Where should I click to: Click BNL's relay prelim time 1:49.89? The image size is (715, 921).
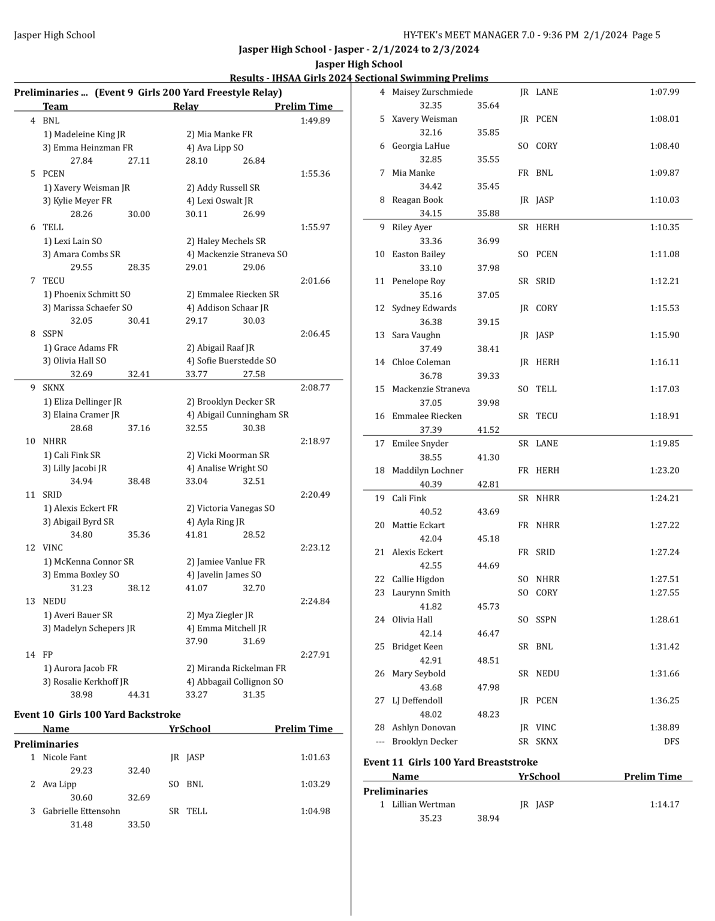315,121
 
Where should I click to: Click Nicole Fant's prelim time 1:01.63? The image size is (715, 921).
315,757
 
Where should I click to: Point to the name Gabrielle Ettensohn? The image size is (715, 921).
81,811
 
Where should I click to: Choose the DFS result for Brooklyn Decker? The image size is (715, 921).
671,742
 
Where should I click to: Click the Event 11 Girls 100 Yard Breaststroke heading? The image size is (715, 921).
450,762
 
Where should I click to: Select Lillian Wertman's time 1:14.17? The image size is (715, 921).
664,805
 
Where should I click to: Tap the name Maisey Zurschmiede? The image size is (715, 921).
432,92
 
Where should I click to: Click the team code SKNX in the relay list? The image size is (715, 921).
53,388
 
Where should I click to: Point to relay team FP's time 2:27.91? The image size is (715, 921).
315,655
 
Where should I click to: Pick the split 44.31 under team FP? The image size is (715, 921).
138,695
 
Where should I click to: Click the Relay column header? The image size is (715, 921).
185,107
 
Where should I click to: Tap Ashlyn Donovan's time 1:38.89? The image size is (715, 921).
664,728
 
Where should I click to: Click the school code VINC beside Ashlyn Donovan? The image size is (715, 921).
546,728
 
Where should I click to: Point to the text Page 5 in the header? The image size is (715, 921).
646,35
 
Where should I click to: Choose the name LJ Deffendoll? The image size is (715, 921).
417,701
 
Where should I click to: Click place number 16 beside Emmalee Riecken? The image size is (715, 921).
379,416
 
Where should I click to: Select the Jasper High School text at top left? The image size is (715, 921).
55,35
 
